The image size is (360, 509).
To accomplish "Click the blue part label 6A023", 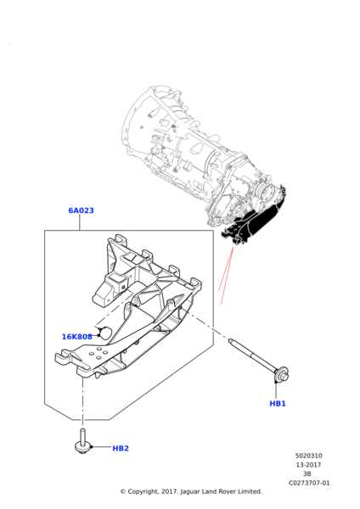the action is [x=81, y=210].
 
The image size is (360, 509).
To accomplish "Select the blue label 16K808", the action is [x=77, y=337].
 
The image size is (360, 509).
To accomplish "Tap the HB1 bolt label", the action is [x=278, y=404].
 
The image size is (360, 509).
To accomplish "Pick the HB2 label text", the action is [x=121, y=448].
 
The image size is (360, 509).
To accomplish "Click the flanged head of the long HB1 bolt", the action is [x=282, y=373].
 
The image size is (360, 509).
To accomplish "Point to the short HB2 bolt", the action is [x=82, y=441].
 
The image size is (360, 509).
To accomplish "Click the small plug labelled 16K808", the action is [x=104, y=333].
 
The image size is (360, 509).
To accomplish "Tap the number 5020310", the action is [x=309, y=456].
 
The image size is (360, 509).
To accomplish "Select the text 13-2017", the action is [x=308, y=465].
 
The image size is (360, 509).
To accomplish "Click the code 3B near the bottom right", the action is [x=307, y=474].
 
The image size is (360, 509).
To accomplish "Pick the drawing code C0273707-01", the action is [x=309, y=483].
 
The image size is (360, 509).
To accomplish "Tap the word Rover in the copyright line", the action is [x=227, y=491].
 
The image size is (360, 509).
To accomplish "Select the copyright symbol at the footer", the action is [x=123, y=491].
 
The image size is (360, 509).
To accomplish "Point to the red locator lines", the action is [x=226, y=275].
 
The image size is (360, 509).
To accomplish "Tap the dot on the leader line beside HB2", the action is [x=92, y=447].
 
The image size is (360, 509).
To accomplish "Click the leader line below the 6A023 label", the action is [x=79, y=222].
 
